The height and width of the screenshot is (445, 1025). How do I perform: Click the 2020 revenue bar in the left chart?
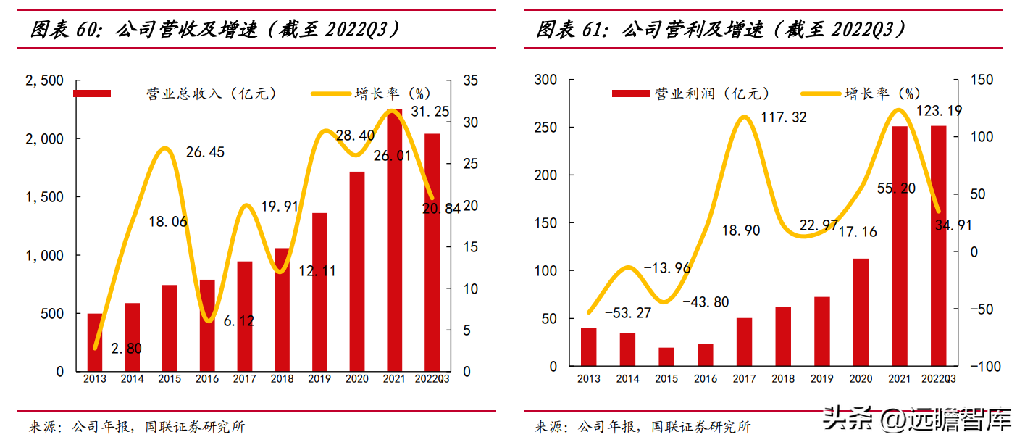(357, 272)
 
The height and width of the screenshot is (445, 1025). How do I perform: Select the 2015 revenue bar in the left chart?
(170, 328)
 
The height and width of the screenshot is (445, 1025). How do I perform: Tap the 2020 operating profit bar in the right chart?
(861, 312)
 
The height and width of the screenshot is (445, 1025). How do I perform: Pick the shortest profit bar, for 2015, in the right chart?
(666, 357)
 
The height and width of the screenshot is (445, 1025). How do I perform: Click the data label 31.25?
(430, 112)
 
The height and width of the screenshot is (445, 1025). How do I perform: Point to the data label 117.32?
(783, 117)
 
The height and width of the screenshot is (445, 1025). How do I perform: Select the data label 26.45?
(205, 152)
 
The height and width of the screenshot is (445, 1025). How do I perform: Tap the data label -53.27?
(628, 313)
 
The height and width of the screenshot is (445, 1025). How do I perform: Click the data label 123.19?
(939, 111)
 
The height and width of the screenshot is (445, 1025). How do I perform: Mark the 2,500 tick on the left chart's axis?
(44, 80)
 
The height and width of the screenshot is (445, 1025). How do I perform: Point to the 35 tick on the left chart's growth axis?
(470, 80)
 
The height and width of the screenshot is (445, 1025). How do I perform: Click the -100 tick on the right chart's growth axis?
(986, 366)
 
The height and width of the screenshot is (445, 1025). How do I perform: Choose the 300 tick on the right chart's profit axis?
(545, 80)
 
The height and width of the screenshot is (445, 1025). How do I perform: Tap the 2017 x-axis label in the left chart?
(244, 379)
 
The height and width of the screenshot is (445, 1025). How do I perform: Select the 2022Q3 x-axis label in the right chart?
(939, 379)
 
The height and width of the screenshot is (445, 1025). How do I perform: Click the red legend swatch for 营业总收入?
(92, 93)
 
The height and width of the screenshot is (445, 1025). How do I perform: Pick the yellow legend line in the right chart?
(821, 93)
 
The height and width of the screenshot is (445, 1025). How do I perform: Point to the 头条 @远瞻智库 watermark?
(917, 418)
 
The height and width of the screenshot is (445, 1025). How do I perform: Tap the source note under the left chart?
(137, 427)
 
